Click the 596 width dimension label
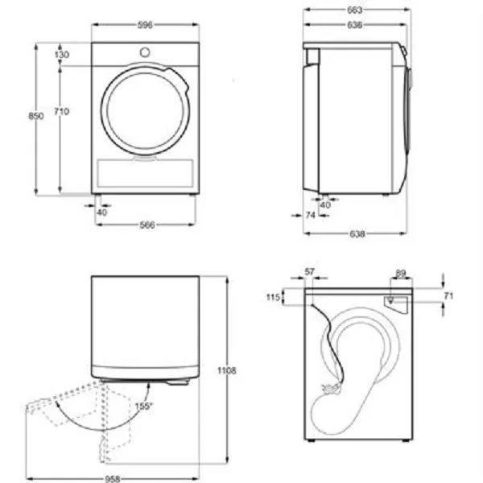pyautogui.click(x=145, y=24)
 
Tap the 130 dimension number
pyautogui.click(x=62, y=55)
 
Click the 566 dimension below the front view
pyautogui.click(x=147, y=225)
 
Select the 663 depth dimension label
pyautogui.click(x=355, y=10)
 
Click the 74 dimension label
pyautogui.click(x=310, y=216)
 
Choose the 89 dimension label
pyautogui.click(x=400, y=273)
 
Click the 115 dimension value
pyautogui.click(x=272, y=298)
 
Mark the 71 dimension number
pyautogui.click(x=448, y=296)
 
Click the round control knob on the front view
pyautogui.click(x=145, y=52)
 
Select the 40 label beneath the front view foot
pyautogui.click(x=101, y=213)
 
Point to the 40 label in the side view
pyautogui.click(x=325, y=204)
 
